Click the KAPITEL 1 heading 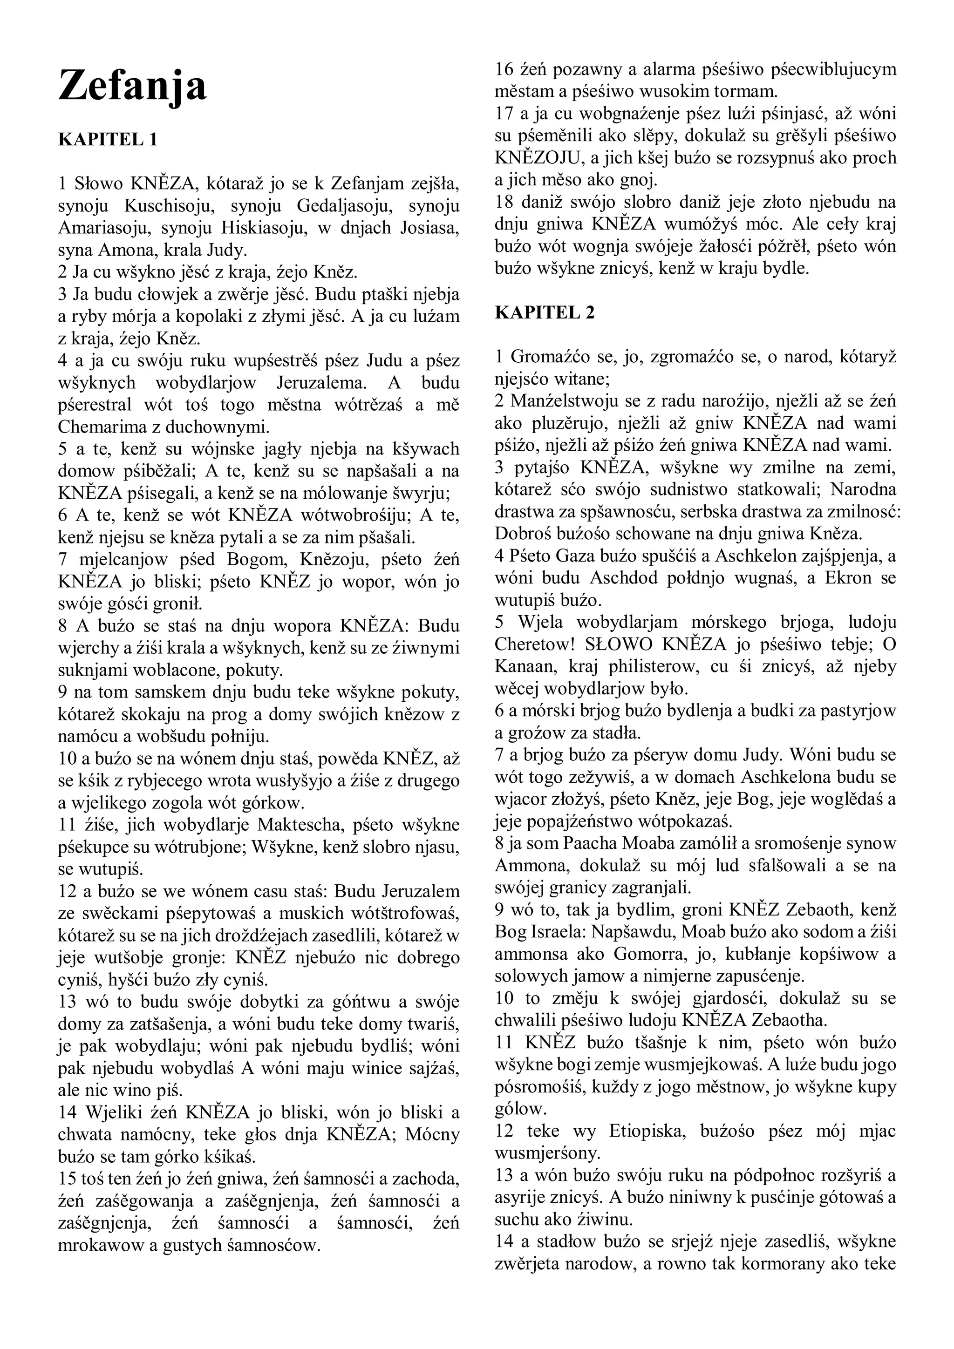point(108,139)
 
